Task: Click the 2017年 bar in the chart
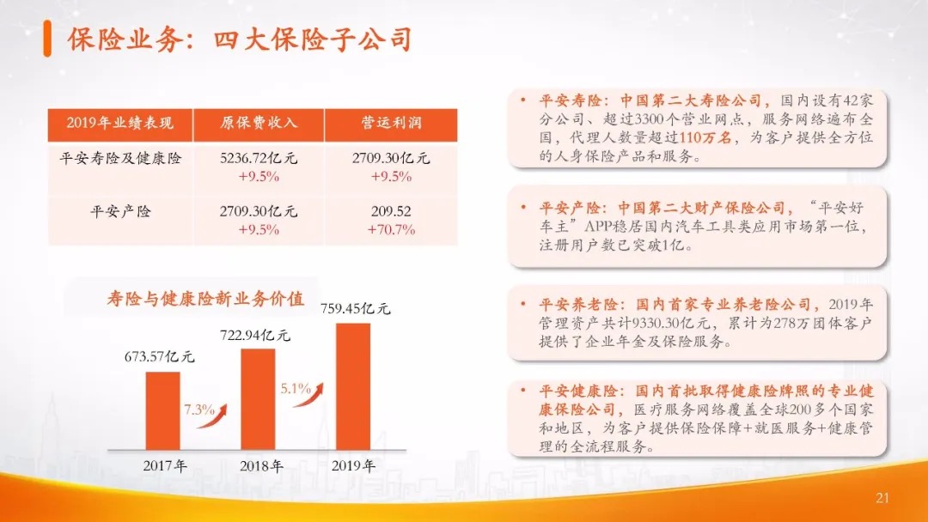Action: pos(162,411)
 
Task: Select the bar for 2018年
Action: pos(258,399)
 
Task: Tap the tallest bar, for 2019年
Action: pos(353,386)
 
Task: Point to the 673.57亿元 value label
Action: pos(159,356)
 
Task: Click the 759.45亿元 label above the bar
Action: pos(356,308)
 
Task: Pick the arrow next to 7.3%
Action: pos(212,416)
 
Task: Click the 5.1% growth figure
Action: pos(296,388)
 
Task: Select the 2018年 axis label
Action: pos(261,466)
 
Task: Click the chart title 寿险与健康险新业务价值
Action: pos(206,299)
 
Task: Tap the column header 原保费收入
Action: pos(259,123)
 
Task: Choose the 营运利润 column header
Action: pos(391,123)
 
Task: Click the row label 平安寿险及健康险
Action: pos(120,159)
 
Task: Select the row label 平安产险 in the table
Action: pos(120,212)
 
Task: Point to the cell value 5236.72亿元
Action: pos(259,159)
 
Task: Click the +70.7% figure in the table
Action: pos(391,229)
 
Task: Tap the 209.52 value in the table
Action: pos(391,212)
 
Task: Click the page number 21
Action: pos(882,498)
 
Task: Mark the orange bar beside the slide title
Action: pos(47,39)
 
